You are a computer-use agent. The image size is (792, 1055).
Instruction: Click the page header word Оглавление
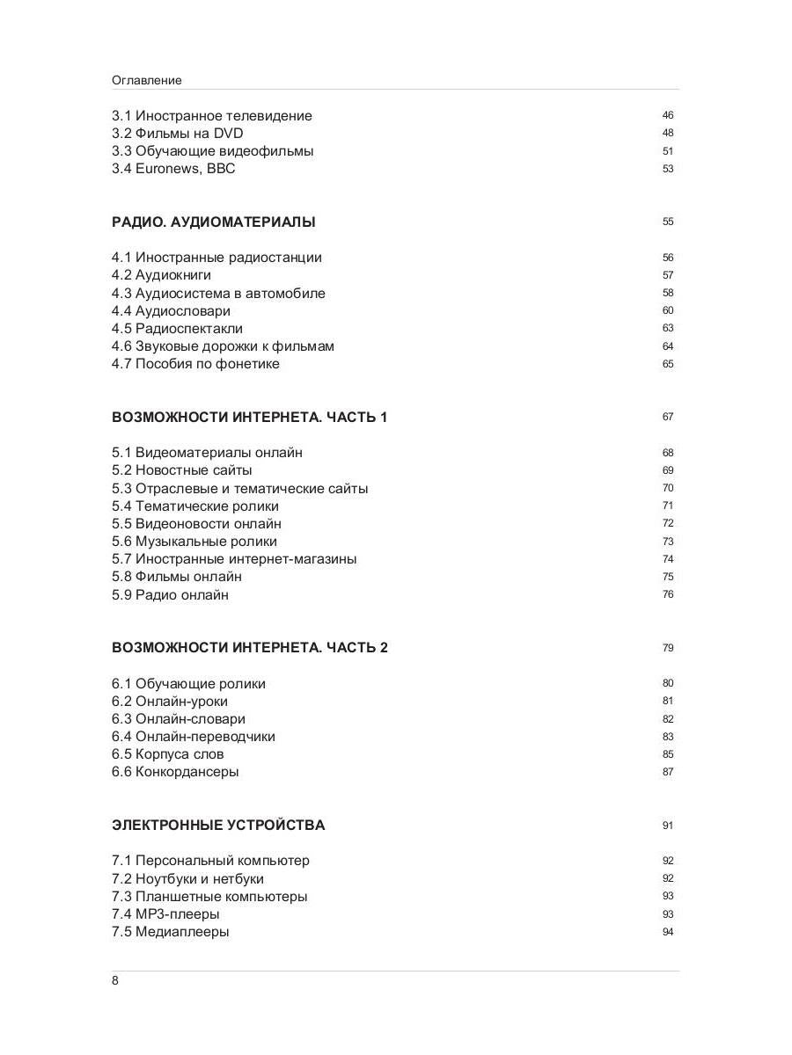click(x=147, y=80)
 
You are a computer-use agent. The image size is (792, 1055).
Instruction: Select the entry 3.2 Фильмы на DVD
click(x=177, y=134)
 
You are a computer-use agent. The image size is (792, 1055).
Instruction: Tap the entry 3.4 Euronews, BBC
click(x=173, y=169)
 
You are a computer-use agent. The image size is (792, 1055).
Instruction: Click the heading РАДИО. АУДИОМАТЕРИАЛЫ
click(x=214, y=222)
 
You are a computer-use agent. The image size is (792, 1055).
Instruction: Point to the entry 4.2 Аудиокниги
click(x=161, y=275)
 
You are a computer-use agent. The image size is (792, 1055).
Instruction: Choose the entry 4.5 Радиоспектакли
click(x=177, y=329)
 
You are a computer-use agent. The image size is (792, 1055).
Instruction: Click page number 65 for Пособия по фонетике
click(x=668, y=364)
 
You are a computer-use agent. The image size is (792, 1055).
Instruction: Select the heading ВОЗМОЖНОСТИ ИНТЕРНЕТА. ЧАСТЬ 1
click(x=249, y=418)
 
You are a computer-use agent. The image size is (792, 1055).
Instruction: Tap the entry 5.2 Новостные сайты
click(x=181, y=470)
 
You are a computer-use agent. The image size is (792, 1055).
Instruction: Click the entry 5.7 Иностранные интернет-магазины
click(x=234, y=559)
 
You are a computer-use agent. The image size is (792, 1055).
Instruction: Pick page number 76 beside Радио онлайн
click(x=668, y=594)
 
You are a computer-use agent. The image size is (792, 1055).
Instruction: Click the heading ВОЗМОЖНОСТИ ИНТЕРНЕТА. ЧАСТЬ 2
click(x=250, y=648)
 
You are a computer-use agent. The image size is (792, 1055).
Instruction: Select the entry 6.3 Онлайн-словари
click(x=179, y=719)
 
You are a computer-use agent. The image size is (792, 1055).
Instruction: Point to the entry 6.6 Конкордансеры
click(x=175, y=772)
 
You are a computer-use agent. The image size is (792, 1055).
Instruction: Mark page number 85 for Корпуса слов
click(x=668, y=754)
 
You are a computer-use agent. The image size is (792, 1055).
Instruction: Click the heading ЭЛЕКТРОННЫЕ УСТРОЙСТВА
click(x=218, y=826)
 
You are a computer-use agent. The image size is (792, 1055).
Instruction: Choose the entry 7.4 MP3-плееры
click(x=165, y=914)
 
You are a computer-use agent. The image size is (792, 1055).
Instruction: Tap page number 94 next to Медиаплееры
click(x=668, y=932)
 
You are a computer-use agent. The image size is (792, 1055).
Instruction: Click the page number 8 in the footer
click(x=115, y=981)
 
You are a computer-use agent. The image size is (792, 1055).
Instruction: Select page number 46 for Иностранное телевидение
click(x=668, y=116)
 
